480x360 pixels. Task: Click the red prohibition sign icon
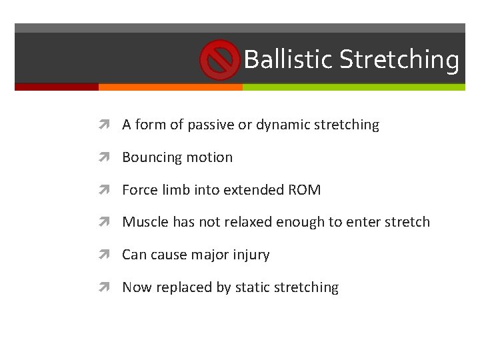pyautogui.click(x=219, y=59)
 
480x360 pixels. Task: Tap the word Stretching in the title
pyautogui.click(x=399, y=59)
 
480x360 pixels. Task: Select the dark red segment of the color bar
pyautogui.click(x=57, y=87)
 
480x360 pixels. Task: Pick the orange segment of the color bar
pyautogui.click(x=170, y=87)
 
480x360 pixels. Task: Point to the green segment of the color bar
pyautogui.click(x=353, y=87)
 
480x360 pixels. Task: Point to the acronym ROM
pyautogui.click(x=304, y=190)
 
